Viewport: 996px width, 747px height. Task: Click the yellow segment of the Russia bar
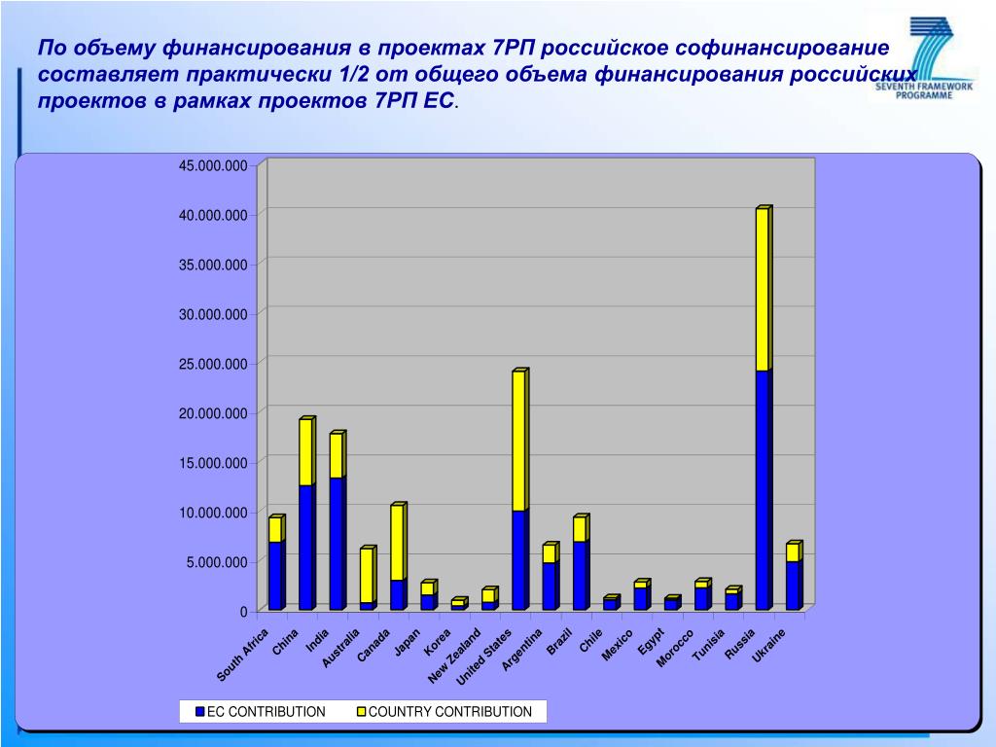(x=762, y=290)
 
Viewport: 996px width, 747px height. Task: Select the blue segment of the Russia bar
(x=762, y=490)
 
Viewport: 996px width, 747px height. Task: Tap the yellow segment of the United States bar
(x=518, y=442)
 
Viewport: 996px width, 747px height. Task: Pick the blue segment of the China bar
(x=305, y=548)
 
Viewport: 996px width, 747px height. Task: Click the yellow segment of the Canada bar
(x=397, y=543)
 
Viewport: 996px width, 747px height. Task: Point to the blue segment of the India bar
(x=336, y=544)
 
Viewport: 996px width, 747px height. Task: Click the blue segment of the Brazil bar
(x=579, y=576)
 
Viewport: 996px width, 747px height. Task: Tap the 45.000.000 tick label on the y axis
(x=212, y=165)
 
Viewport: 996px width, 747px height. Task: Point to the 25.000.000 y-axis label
(x=212, y=364)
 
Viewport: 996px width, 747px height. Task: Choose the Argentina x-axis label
(x=522, y=651)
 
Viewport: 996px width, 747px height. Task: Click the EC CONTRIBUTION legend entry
(x=260, y=712)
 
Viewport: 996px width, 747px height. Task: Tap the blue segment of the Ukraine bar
(x=792, y=586)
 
